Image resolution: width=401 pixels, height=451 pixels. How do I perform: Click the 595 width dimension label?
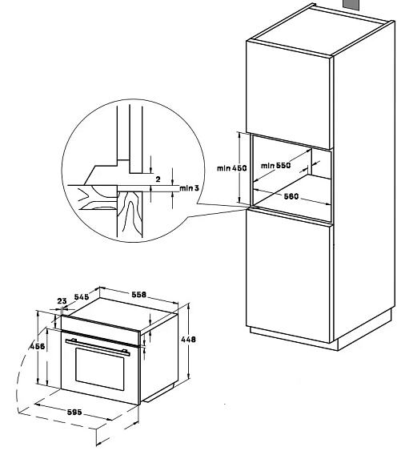(74, 413)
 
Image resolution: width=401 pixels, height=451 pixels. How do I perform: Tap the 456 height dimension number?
(38, 346)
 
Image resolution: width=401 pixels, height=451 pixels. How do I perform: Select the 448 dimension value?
(188, 340)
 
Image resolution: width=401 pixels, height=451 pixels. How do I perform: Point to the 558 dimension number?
(138, 295)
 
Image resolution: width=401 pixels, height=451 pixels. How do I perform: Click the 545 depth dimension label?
(82, 296)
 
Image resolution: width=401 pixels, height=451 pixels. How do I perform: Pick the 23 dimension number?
(62, 301)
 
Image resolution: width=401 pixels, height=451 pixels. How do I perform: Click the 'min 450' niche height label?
(231, 168)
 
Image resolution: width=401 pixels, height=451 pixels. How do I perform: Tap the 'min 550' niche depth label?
(275, 165)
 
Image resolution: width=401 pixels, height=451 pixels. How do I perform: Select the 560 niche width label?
(291, 196)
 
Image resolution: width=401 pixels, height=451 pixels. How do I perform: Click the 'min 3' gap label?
(189, 188)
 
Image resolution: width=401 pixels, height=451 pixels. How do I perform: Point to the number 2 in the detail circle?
(158, 179)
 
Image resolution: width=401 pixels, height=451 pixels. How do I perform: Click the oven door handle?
(98, 347)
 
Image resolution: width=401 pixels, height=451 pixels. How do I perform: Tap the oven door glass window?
(100, 369)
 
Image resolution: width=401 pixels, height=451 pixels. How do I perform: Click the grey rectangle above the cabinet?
(351, 5)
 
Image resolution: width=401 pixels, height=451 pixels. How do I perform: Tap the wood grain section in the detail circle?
(130, 214)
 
